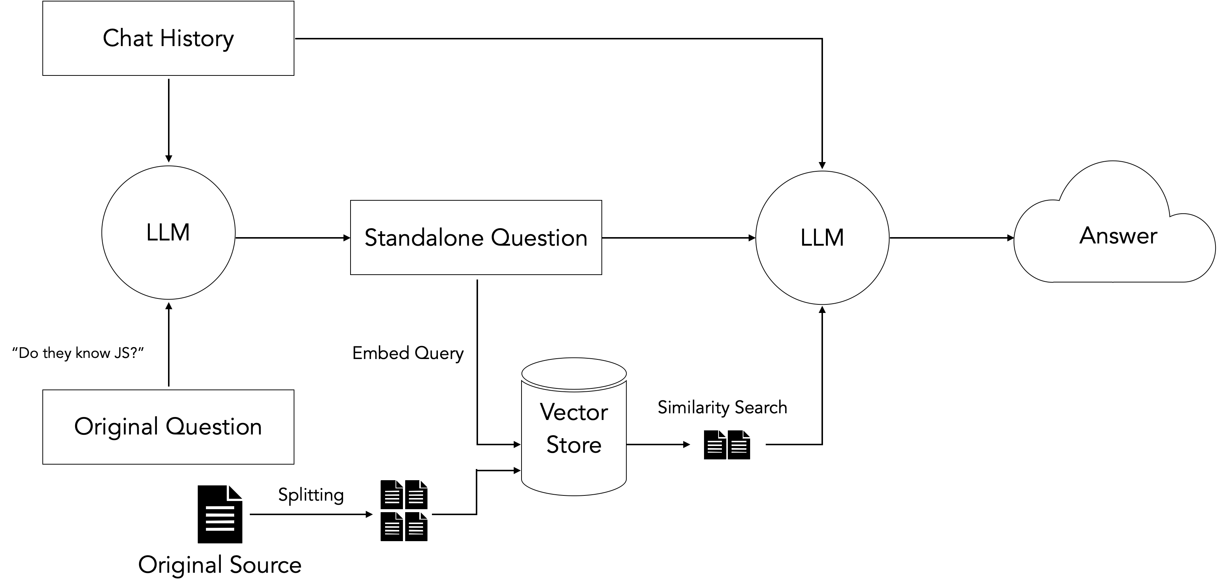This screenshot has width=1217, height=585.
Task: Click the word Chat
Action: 127,38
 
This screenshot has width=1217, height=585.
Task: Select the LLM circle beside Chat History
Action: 168,233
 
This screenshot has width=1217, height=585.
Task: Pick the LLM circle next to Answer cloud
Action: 822,238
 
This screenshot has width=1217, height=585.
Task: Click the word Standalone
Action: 423,238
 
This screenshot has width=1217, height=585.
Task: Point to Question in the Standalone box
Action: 539,238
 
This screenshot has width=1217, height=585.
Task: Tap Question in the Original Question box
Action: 213,427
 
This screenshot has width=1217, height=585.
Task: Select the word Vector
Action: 574,412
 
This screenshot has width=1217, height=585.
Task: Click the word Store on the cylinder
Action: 574,445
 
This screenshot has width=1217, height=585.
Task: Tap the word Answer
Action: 1118,235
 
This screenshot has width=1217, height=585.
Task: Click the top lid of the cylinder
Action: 574,373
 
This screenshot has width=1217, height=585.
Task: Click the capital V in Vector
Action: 548,412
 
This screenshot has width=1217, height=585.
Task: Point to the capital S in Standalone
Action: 371,238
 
